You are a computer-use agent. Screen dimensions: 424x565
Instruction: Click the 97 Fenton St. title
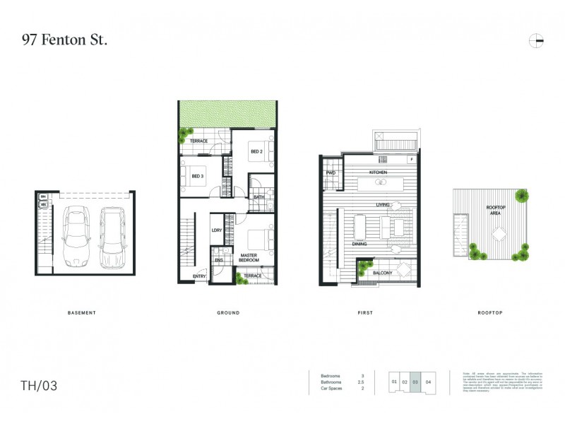click(65, 40)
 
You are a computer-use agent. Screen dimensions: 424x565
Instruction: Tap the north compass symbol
click(536, 41)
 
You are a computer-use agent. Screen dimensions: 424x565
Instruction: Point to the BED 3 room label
click(197, 177)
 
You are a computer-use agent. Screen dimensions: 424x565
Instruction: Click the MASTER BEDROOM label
click(249, 257)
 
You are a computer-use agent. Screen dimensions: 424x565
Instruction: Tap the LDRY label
click(217, 231)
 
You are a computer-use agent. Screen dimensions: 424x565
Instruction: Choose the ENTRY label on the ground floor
click(200, 276)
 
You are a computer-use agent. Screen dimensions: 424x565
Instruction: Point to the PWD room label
click(330, 173)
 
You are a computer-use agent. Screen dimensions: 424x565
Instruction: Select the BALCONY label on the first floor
click(382, 272)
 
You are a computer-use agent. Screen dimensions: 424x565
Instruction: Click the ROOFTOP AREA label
click(496, 209)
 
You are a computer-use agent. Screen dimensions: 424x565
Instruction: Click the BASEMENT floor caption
click(81, 312)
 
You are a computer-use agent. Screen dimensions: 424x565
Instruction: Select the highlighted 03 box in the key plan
click(415, 382)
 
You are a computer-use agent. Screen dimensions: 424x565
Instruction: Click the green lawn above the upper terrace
click(226, 114)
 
